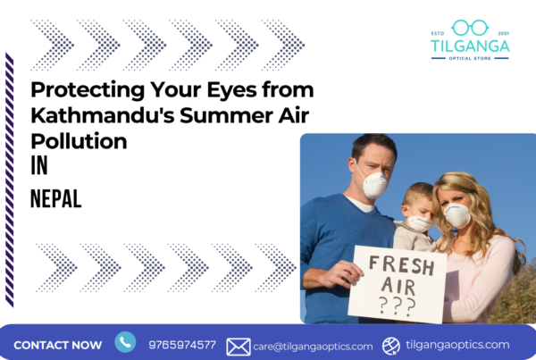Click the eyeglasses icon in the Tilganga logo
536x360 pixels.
[469, 28]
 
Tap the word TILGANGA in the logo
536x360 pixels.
[470, 45]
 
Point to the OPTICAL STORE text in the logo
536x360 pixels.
[470, 57]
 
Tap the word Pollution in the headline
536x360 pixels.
[79, 141]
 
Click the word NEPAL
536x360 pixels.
[56, 199]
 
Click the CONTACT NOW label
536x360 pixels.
[58, 345]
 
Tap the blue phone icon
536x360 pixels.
[125, 342]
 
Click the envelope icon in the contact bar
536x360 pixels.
[238, 347]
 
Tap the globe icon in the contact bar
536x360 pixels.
[391, 346]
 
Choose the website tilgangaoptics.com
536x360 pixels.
[458, 345]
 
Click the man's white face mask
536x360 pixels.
[374, 184]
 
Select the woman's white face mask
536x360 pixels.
[457, 215]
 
